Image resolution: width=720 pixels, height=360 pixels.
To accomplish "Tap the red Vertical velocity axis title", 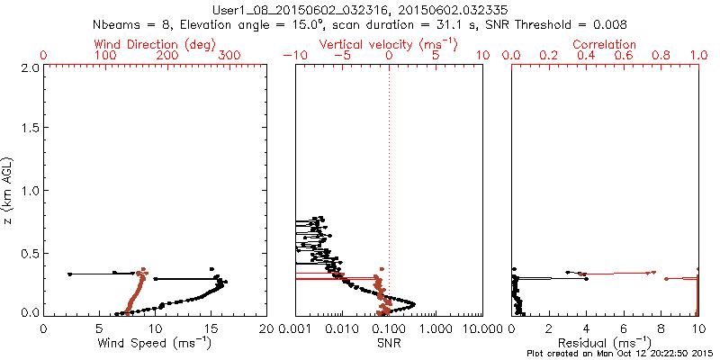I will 388,44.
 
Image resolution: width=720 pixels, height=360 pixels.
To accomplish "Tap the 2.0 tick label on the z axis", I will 30,67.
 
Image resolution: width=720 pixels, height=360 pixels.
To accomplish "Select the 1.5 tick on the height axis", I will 30,129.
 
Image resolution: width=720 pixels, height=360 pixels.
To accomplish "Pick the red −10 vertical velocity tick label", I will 294,56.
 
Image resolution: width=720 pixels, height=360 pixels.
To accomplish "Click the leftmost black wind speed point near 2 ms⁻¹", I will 69,274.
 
